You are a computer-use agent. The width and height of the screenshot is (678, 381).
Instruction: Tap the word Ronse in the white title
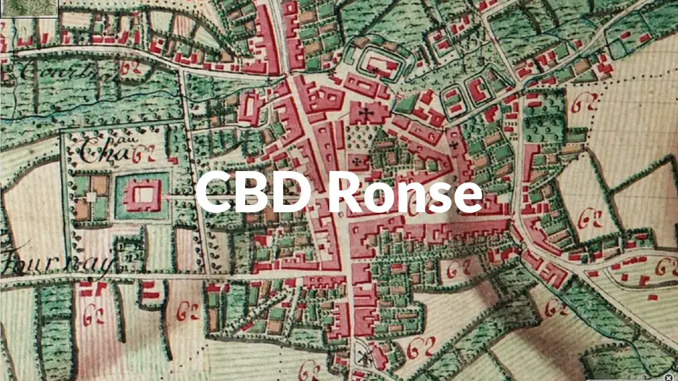pos(405,192)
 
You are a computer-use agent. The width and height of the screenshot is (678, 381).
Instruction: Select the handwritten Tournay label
pos(56,260)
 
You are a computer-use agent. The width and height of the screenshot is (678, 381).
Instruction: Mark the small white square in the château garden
pos(91,197)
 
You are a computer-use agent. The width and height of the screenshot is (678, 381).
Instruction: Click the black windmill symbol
pos(362,357)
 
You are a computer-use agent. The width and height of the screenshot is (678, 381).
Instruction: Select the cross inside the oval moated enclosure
pos(374,70)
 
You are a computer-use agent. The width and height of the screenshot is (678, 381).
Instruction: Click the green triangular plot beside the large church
pos(405,104)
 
